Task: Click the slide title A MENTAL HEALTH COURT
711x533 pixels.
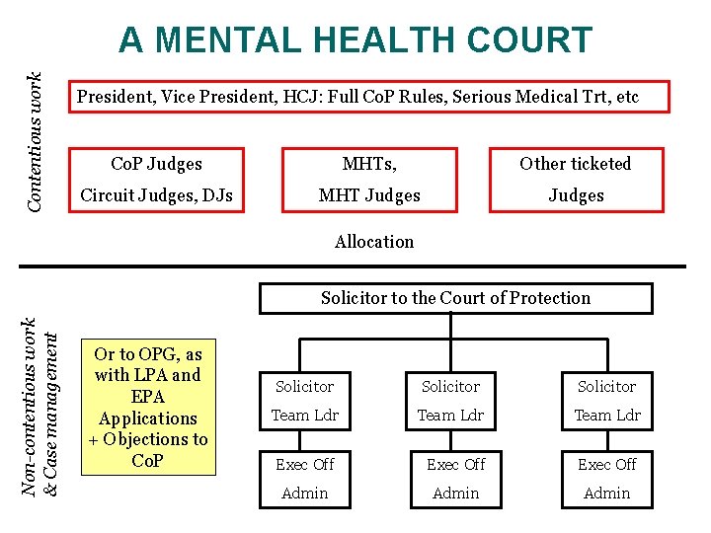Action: (x=355, y=40)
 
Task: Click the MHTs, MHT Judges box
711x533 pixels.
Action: (x=369, y=180)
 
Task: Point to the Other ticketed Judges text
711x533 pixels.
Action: (x=576, y=180)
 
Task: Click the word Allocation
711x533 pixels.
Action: (x=374, y=242)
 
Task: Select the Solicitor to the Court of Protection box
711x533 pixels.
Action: (x=455, y=298)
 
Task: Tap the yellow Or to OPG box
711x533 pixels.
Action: (x=148, y=408)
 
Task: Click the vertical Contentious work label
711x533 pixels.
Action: (x=35, y=140)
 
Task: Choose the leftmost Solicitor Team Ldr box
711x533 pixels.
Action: (x=304, y=401)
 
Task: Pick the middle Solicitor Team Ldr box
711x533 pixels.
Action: (x=450, y=401)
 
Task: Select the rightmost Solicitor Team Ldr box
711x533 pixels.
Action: (x=606, y=401)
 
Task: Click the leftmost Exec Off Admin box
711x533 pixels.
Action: (x=304, y=479)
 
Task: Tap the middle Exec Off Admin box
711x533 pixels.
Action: (x=455, y=479)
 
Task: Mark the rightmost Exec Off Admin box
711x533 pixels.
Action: (x=606, y=479)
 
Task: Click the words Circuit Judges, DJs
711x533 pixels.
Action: (x=156, y=195)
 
